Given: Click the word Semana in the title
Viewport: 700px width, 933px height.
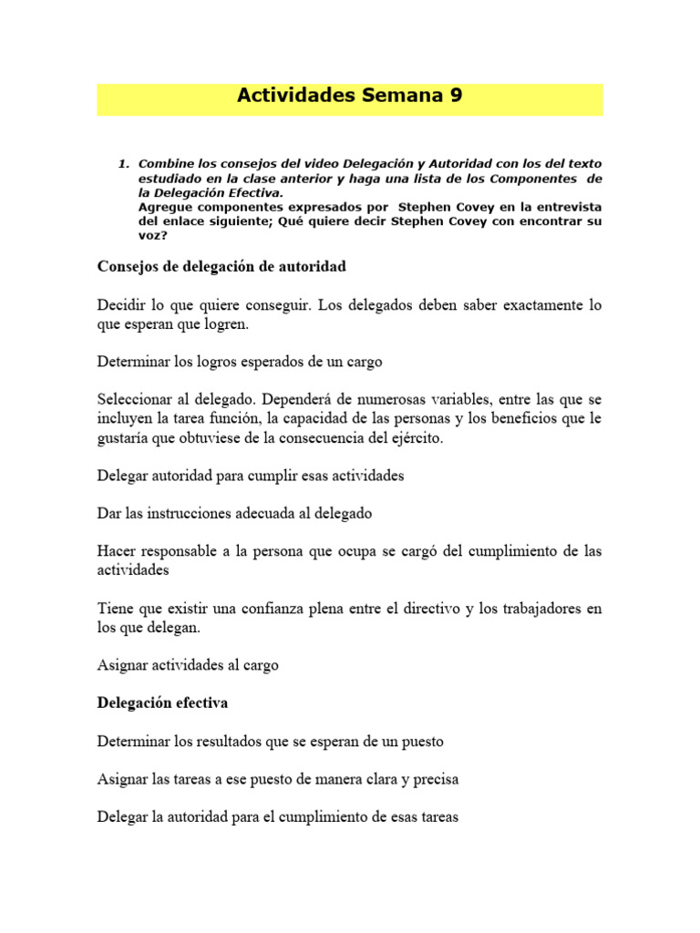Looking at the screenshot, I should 397,96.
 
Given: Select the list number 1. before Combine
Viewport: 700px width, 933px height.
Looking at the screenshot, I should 124,164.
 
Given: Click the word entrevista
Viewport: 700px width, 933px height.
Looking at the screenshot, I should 562,208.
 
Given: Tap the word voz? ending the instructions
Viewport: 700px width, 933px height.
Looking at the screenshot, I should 152,237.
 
